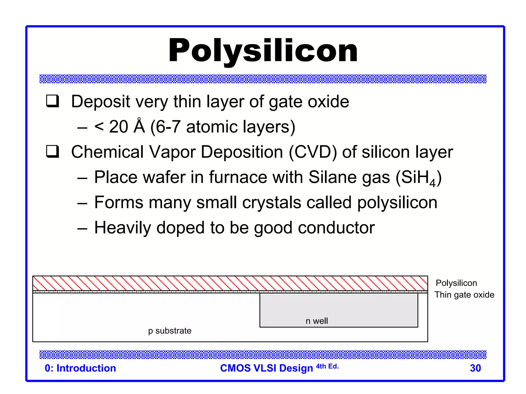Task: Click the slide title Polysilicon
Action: tap(263, 51)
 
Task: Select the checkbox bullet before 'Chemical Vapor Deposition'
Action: tap(52, 151)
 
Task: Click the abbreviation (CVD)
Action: tap(313, 152)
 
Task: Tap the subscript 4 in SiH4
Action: tap(432, 183)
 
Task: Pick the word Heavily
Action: tap(123, 228)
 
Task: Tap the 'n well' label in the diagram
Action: tap(317, 321)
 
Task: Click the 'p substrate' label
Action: tap(170, 331)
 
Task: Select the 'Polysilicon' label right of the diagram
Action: tap(456, 283)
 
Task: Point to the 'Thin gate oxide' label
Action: tap(464, 295)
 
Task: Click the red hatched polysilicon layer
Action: tap(230, 283)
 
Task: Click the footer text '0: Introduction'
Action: tap(80, 368)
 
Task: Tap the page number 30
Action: tap(475, 368)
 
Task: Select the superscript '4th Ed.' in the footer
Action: tap(327, 366)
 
